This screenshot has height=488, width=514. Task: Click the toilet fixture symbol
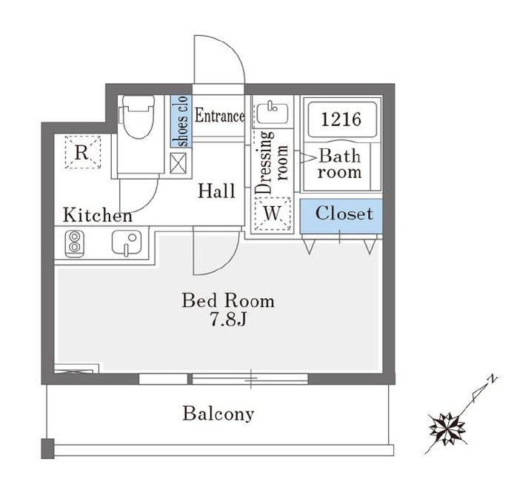tap(138, 119)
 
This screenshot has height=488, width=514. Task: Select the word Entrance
tap(219, 116)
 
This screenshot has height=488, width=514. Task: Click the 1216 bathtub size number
tap(341, 119)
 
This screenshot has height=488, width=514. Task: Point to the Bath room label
tap(340, 164)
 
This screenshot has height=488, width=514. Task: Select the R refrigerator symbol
tap(82, 154)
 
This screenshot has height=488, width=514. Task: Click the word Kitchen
tap(97, 216)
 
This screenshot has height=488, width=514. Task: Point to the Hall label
tap(216, 191)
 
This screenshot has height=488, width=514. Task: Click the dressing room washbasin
tap(271, 113)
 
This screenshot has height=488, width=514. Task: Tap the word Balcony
tap(218, 414)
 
